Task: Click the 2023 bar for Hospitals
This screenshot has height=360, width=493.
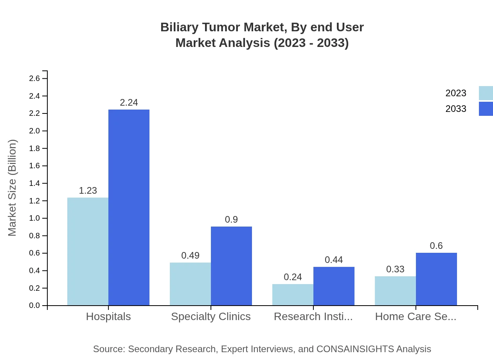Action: point(88,251)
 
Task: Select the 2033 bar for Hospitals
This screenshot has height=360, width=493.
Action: point(129,207)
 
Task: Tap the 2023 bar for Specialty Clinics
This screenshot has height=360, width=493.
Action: point(190,284)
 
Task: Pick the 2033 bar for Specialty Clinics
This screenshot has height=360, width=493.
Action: point(231,266)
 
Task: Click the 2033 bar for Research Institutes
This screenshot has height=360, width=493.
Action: point(334,286)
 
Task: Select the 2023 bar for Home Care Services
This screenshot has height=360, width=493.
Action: point(395,291)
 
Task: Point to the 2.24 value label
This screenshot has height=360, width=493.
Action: point(129,103)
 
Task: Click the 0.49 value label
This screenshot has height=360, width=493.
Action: point(190,256)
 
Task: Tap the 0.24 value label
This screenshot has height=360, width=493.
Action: point(293,277)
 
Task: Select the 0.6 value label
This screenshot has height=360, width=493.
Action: point(436,246)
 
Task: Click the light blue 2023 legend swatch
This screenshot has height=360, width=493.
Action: point(486,93)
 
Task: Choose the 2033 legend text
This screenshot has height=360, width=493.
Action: point(456,109)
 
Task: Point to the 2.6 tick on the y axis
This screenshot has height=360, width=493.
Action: point(34,79)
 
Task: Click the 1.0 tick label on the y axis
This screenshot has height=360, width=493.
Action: point(34,218)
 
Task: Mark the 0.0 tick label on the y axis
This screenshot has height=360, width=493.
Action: point(34,306)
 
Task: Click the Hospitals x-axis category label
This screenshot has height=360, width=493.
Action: point(108,317)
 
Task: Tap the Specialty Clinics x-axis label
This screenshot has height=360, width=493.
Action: point(211,317)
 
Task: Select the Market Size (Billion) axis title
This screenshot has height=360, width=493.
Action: point(13,188)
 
